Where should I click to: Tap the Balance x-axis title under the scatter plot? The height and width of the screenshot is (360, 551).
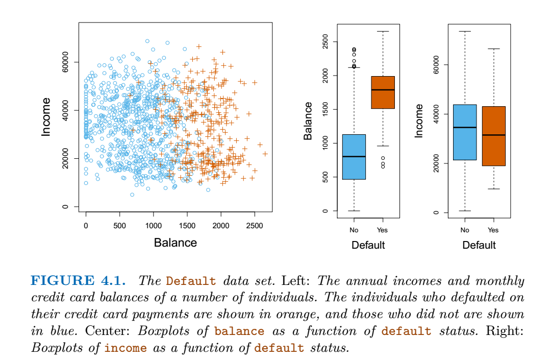pyautogui.click(x=175, y=243)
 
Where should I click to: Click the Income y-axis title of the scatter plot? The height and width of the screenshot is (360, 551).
pyautogui.click(x=46, y=122)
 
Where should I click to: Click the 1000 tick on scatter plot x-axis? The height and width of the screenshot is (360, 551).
pyautogui.click(x=153, y=226)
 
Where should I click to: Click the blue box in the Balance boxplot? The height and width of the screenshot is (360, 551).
pyautogui.click(x=354, y=157)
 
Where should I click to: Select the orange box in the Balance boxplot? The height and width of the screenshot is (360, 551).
pyautogui.click(x=383, y=92)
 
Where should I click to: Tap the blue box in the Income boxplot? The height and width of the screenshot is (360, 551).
pyautogui.click(x=464, y=132)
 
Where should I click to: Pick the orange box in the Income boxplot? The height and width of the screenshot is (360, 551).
pyautogui.click(x=493, y=136)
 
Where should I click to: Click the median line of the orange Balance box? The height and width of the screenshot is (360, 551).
pyautogui.click(x=383, y=90)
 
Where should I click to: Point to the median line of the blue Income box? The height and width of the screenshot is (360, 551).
pyautogui.click(x=464, y=127)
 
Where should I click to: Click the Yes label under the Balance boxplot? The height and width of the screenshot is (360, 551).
pyautogui.click(x=383, y=230)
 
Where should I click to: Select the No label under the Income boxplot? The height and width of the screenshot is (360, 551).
pyautogui.click(x=464, y=230)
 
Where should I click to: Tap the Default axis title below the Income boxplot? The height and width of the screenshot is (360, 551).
pyautogui.click(x=479, y=245)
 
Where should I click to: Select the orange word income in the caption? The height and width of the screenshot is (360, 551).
pyautogui.click(x=126, y=348)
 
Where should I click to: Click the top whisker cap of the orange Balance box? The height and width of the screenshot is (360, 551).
pyautogui.click(x=383, y=32)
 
